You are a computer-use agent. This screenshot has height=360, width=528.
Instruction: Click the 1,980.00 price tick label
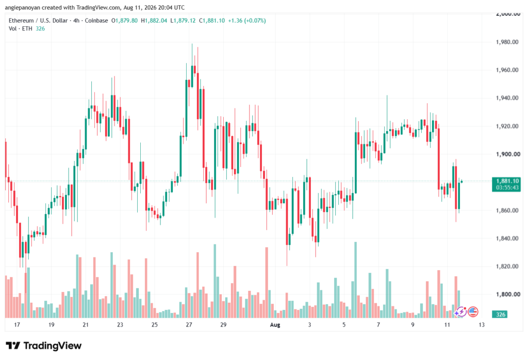[x=507, y=42]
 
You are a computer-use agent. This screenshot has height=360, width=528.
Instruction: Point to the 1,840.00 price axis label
[x=507, y=238]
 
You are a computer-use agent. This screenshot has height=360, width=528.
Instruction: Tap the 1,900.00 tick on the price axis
[x=507, y=154]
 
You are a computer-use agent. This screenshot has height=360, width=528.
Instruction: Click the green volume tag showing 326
[x=500, y=315]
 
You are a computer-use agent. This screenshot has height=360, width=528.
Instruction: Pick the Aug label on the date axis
[x=275, y=325]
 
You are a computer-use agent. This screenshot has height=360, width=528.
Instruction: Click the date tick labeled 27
[x=189, y=325]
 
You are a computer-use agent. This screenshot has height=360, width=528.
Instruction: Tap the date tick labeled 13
[x=482, y=325]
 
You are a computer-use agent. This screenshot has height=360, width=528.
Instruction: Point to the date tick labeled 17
[x=17, y=325]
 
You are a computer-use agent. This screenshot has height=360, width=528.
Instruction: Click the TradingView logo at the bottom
[x=44, y=346]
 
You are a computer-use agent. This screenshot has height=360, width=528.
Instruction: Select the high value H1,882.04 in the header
[x=154, y=21]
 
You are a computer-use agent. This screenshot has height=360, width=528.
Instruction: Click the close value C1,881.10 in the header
[x=212, y=21]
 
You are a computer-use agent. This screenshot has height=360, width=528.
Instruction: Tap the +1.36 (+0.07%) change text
[x=247, y=21]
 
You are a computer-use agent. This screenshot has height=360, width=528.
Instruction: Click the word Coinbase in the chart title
[x=96, y=21]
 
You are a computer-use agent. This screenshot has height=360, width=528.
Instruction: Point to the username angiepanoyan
[x=23, y=7]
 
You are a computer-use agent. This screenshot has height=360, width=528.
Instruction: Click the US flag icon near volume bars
[x=473, y=312]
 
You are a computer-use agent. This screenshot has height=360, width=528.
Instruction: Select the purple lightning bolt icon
[x=460, y=312]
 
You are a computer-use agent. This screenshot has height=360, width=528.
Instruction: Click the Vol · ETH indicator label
[x=21, y=29]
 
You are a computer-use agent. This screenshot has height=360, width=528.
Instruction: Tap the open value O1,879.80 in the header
[x=124, y=21]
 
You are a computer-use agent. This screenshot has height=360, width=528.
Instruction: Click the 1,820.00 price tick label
[x=507, y=266]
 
